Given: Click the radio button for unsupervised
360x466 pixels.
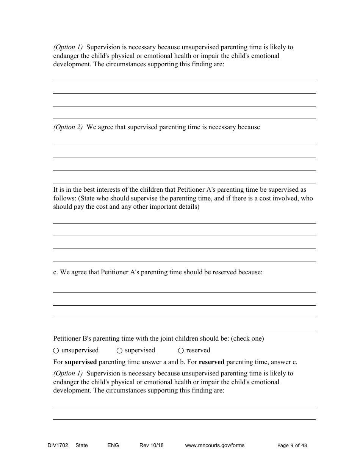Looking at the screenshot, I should [x=56, y=351].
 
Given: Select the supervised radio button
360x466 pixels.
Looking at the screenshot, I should [x=119, y=351].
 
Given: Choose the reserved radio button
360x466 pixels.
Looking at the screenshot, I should [x=181, y=351].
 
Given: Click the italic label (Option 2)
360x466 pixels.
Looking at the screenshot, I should [x=68, y=127].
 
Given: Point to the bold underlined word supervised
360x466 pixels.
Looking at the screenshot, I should [x=81, y=362].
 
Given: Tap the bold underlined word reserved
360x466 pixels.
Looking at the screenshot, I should [x=211, y=362].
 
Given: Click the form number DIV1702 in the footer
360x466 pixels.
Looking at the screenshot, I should [x=55, y=445].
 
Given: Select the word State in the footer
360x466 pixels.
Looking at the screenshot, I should [x=81, y=445].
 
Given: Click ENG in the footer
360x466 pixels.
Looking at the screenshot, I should [x=113, y=445].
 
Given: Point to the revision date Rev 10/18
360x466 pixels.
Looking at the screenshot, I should [x=151, y=445].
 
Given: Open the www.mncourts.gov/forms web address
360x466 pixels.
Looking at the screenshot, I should [x=214, y=445].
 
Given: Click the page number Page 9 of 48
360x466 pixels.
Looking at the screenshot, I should [x=292, y=445].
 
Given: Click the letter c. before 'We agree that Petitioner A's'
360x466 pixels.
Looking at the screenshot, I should [x=56, y=272].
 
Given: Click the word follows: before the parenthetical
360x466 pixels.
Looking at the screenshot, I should [x=64, y=199].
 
